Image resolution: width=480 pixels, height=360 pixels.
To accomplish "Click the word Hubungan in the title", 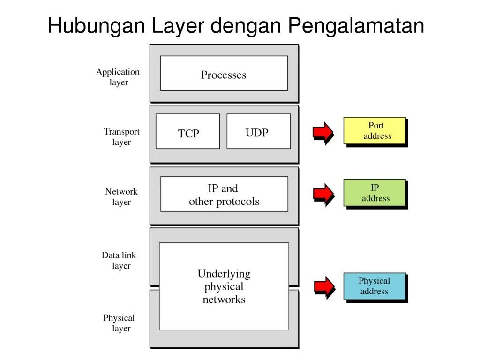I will (x=97, y=26).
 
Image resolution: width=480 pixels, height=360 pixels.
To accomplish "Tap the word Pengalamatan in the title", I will (x=356, y=26).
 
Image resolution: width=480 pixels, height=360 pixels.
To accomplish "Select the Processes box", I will (x=224, y=74).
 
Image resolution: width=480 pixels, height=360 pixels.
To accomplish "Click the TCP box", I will (x=187, y=132).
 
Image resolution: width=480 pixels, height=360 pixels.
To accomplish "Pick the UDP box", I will (x=258, y=132).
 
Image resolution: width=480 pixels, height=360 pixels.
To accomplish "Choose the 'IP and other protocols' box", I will (x=224, y=194).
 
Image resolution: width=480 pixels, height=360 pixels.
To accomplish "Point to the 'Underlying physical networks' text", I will (x=224, y=286).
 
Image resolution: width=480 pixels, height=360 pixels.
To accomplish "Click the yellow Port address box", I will (x=375, y=130).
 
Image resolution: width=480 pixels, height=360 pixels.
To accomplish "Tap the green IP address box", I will (x=375, y=193).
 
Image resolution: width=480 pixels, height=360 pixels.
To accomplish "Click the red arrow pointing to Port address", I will (x=323, y=132).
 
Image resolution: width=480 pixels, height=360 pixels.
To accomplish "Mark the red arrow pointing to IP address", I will (x=323, y=193).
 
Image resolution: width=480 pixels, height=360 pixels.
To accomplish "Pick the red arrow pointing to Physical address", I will (x=323, y=286).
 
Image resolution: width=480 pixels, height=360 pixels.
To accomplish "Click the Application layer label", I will (x=118, y=77).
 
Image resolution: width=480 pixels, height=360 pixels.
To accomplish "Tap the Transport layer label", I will (x=121, y=136).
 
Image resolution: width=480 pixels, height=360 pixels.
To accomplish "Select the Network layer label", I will (x=121, y=196).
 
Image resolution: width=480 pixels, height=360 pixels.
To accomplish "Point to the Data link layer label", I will (x=119, y=260).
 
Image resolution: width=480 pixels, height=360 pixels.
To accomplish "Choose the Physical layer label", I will (x=119, y=323).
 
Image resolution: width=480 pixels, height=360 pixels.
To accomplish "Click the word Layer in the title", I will (x=178, y=26).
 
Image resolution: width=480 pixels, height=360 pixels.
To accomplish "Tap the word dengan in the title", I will (x=247, y=26).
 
